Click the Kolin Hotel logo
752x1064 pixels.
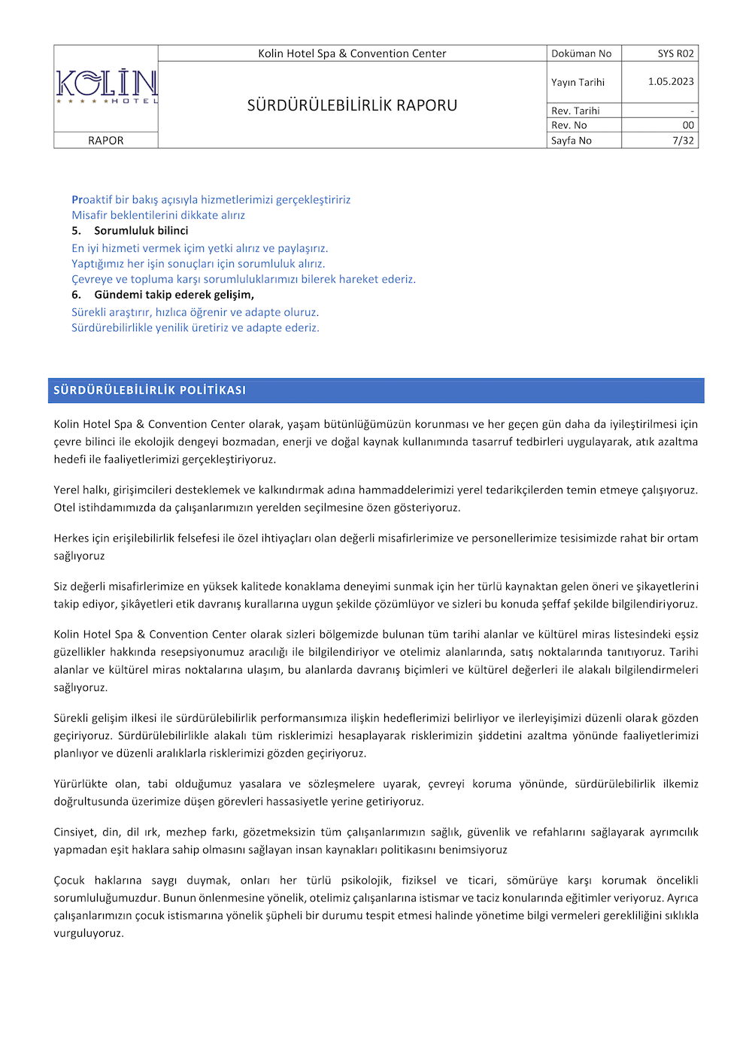pyautogui.click(x=106, y=86)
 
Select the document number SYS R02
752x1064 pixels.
pyautogui.click(x=675, y=53)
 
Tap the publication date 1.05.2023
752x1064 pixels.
pyautogui.click(x=671, y=81)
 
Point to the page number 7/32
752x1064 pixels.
pyautogui.click(x=683, y=141)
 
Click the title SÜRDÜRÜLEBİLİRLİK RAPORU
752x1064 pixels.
pyautogui.click(x=352, y=105)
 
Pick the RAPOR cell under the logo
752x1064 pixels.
pyautogui.click(x=106, y=141)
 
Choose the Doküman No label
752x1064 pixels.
pyautogui.click(x=581, y=53)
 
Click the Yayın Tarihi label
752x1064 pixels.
pyautogui.click(x=578, y=82)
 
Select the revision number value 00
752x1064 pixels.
pyautogui.click(x=688, y=126)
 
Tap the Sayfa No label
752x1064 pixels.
pyautogui.click(x=572, y=141)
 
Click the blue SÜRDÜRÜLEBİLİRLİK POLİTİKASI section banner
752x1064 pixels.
pyautogui.click(x=376, y=390)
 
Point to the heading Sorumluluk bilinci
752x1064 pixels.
pyautogui.click(x=141, y=231)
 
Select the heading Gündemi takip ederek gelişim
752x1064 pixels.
pyautogui.click(x=174, y=295)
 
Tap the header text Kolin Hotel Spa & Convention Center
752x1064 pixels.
pyautogui.click(x=352, y=53)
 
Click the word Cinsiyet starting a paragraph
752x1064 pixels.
pyautogui.click(x=74, y=832)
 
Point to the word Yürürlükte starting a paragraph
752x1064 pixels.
pyautogui.click(x=80, y=784)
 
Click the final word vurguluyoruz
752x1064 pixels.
pyautogui.click(x=88, y=933)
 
